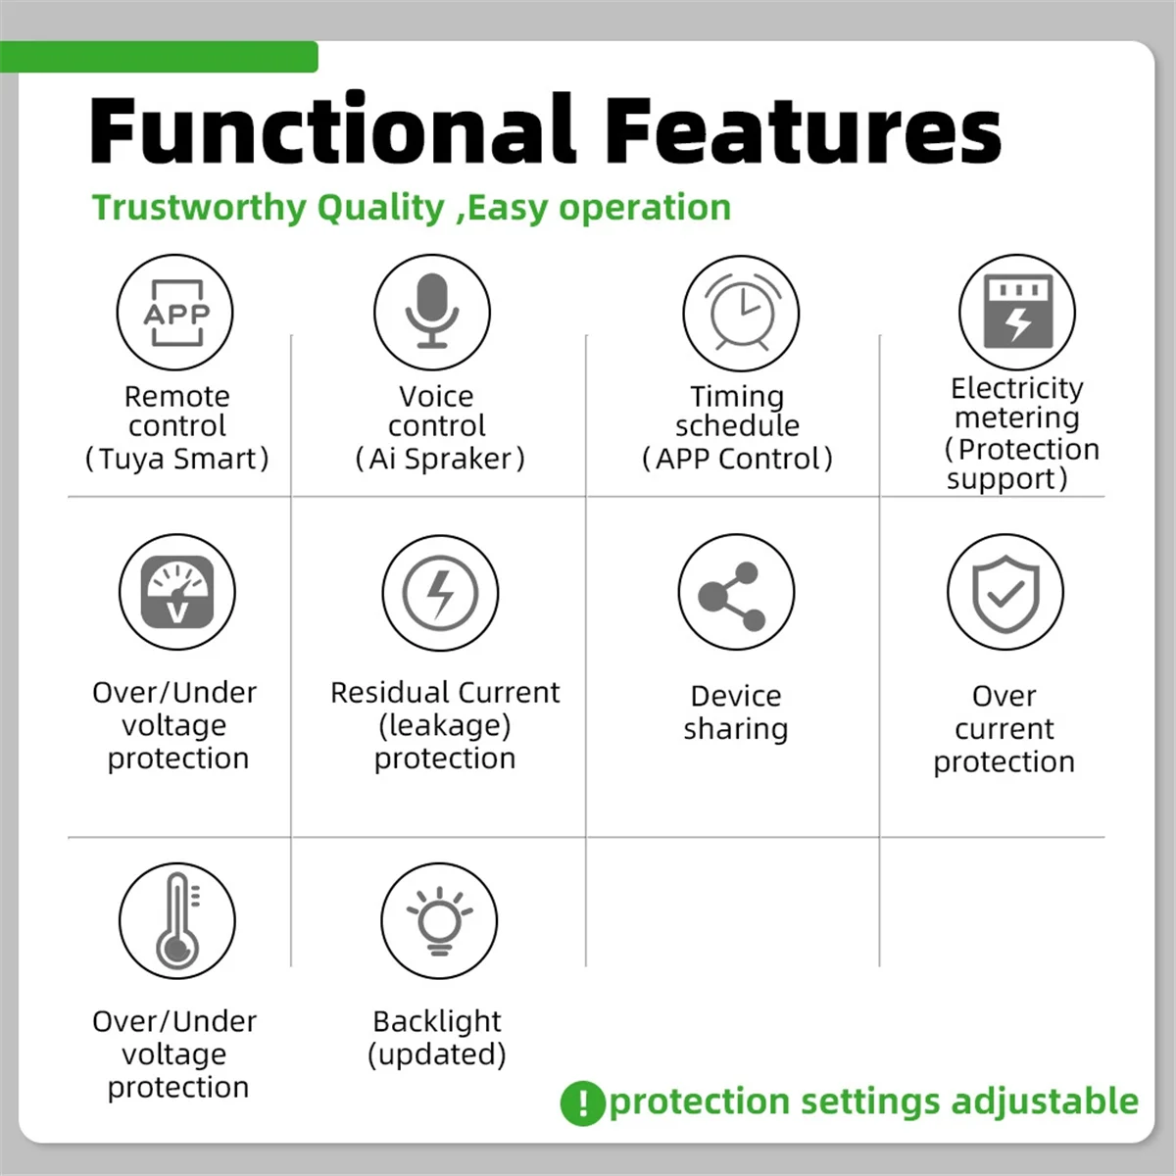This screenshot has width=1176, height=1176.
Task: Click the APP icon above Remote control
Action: point(175,313)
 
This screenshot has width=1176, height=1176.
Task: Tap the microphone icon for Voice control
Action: point(431,313)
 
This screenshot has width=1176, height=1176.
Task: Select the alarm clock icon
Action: point(741,313)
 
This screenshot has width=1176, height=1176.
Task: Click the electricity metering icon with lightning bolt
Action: point(1017,313)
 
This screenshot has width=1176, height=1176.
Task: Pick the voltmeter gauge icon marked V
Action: point(177,592)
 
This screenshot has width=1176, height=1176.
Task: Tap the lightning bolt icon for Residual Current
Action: point(440,593)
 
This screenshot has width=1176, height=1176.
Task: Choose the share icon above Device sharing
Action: point(736,592)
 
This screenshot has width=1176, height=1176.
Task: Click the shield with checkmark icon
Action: point(1005,592)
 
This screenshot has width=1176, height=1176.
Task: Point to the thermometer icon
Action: point(177,921)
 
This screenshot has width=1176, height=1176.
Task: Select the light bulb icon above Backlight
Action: point(439,921)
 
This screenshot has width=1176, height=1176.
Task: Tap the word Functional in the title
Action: point(332,129)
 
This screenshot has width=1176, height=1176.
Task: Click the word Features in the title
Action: point(804,130)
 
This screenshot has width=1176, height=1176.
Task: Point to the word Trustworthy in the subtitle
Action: point(199,208)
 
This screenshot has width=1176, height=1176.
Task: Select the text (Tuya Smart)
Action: point(177,459)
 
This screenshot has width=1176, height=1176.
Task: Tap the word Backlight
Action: point(437,1021)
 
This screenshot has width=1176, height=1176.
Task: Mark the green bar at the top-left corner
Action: point(159,57)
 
